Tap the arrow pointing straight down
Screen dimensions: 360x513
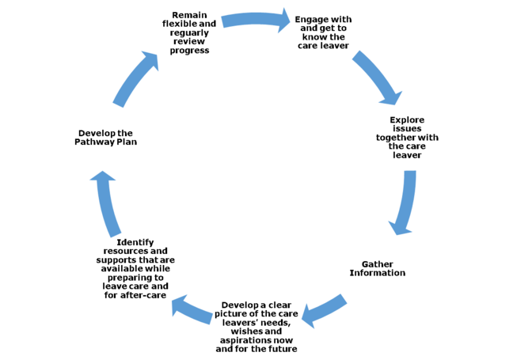point(405,203)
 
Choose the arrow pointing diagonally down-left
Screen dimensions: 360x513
point(324,309)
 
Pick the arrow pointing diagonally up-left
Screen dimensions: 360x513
point(192,309)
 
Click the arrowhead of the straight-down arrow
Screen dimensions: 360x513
point(401,227)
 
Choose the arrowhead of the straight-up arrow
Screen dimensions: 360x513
point(102,178)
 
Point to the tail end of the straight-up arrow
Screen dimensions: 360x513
point(115,233)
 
